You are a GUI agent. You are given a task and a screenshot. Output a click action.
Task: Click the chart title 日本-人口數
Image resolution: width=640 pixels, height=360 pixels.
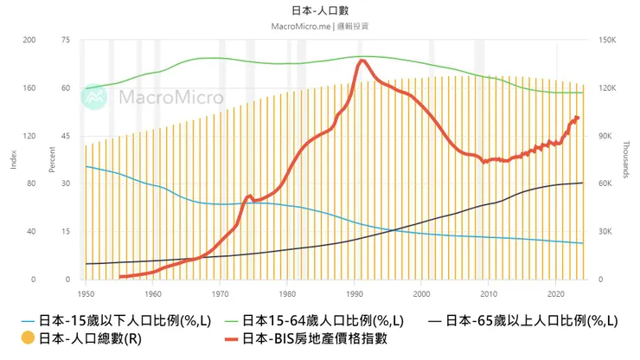[x=321, y=10]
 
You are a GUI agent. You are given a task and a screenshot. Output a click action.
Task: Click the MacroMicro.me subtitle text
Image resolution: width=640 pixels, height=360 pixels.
[x=321, y=26]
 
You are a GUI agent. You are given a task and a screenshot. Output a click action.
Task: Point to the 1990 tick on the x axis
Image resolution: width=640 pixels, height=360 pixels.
[x=354, y=293]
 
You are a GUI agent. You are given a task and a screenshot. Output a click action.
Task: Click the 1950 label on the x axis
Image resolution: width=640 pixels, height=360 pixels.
[x=86, y=293]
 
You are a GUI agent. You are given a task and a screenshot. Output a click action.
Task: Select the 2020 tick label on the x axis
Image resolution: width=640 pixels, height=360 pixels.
[x=554, y=293]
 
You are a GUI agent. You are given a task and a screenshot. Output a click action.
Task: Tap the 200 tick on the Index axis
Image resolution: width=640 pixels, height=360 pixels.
[x=29, y=40]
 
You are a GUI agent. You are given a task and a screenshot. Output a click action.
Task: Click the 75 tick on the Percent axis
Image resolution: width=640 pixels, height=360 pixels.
[x=65, y=40]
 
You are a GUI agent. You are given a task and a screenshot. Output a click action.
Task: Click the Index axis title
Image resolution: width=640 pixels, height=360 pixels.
[x=12, y=159]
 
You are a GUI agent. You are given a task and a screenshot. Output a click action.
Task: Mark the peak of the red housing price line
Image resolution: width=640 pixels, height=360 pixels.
[x=362, y=61]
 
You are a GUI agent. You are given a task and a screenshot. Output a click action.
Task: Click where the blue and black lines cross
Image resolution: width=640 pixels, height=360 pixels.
[x=393, y=229]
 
